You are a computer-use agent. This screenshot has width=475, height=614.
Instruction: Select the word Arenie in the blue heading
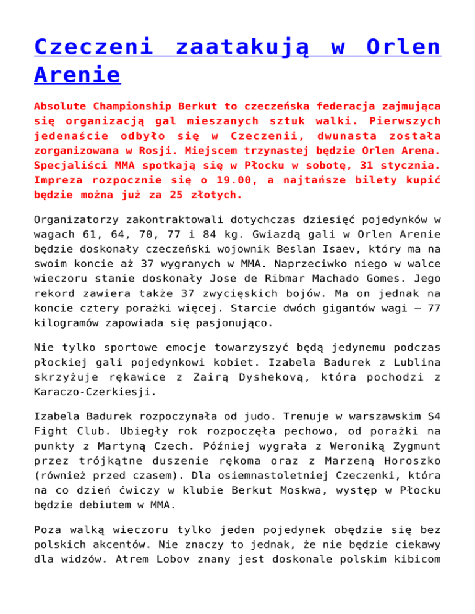pos(77,75)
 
